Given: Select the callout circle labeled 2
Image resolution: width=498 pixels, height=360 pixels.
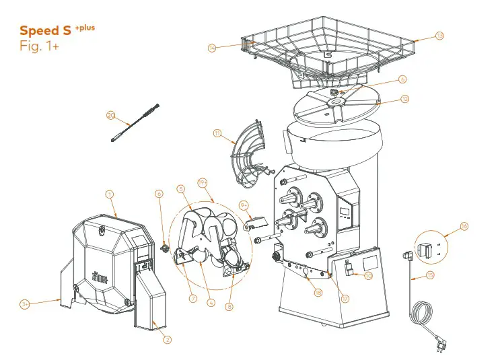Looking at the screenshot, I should click(168, 340).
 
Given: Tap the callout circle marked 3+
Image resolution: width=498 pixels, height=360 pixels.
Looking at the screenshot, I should click(24, 304).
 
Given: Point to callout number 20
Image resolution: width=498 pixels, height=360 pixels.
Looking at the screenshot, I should click(111, 115).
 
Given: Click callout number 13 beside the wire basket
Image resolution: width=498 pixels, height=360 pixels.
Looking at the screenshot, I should click(439, 36).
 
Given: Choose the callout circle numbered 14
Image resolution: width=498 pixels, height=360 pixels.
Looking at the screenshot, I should click(212, 48).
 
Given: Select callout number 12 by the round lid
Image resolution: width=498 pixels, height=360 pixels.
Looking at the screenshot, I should click(404, 99).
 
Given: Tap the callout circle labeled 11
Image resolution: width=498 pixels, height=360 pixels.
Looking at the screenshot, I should click(217, 134).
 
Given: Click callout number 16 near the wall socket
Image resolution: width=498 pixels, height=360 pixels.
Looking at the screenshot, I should click(464, 226).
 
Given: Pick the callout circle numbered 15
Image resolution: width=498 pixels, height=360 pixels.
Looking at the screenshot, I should click(430, 275).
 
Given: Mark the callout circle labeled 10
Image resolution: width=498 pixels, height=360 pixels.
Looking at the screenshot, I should click(368, 275).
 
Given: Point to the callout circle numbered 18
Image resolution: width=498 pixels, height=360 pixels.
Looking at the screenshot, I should click(318, 293).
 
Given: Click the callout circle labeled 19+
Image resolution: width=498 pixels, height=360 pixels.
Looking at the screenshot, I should click(202, 182).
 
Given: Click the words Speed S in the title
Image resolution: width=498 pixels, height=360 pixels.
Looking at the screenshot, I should click(45, 31).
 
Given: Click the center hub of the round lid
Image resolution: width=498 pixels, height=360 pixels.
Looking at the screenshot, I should click(337, 102).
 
